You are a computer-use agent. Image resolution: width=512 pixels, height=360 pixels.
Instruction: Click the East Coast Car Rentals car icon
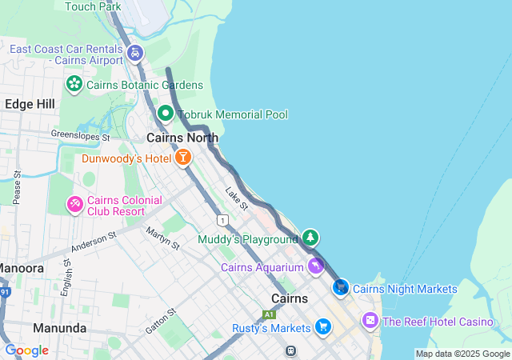(135, 54)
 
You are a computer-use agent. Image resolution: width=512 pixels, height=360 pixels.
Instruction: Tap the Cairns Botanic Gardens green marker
(74, 83)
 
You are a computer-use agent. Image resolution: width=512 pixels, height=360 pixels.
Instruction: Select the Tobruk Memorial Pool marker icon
(166, 114)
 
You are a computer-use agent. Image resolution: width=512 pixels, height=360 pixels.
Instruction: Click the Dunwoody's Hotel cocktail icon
(183, 158)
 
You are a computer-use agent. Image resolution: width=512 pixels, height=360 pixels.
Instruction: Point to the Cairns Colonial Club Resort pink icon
(74, 205)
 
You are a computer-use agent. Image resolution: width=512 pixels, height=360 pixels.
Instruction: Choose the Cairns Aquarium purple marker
(316, 266)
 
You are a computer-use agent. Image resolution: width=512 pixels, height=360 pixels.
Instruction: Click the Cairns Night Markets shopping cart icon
(341, 286)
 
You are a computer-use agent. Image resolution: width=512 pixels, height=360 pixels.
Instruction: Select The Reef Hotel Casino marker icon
(370, 321)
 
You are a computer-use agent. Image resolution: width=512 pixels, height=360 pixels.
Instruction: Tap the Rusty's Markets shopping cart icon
(322, 326)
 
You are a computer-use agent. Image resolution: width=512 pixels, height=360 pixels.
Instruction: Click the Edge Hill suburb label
(30, 104)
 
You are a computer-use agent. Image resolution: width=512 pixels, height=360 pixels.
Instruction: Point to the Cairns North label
(182, 138)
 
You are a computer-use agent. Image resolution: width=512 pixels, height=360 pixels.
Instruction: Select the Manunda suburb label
(59, 328)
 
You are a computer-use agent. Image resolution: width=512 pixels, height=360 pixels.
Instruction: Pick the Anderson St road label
(93, 242)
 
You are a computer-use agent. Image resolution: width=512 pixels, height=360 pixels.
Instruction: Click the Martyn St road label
(163, 238)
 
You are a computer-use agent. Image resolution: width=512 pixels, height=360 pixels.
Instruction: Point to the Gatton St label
(160, 320)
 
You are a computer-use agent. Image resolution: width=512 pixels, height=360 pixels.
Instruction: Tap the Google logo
(26, 350)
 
